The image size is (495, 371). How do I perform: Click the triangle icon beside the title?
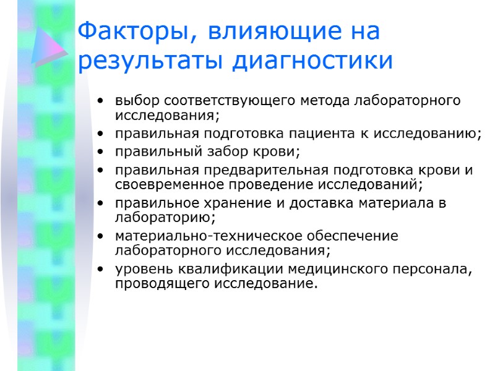[49, 46]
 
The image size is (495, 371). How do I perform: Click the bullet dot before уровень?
[101, 270]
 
